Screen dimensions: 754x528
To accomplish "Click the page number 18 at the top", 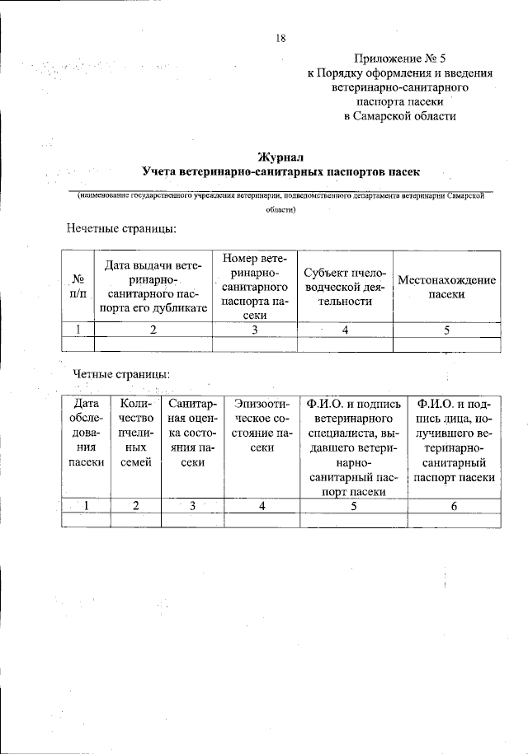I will pos(281,37).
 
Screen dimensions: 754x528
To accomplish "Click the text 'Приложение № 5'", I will pos(399,58).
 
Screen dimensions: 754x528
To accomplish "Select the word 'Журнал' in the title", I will pos(280,156).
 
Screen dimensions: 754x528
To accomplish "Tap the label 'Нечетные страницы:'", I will pos(120,228).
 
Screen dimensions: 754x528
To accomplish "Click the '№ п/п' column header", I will pos(79,288).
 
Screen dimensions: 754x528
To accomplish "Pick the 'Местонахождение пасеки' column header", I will pos(446,288).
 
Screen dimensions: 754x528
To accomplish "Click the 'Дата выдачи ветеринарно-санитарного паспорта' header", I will pos(154,288).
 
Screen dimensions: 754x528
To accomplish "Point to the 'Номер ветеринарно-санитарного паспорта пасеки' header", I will pos(255,288).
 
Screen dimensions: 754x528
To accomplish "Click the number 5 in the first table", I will pos(446,330).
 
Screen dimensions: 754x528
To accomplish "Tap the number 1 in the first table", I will pos(79,330).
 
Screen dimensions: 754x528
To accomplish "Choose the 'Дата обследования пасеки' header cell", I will pos(86,433).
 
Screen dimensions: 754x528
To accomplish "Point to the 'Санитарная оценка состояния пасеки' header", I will pos(192,433).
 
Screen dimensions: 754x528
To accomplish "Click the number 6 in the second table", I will pos(455,506).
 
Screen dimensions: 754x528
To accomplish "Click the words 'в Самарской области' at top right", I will pos(399,116).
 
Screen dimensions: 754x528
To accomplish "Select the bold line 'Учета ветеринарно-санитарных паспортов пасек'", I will pos(280,172).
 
